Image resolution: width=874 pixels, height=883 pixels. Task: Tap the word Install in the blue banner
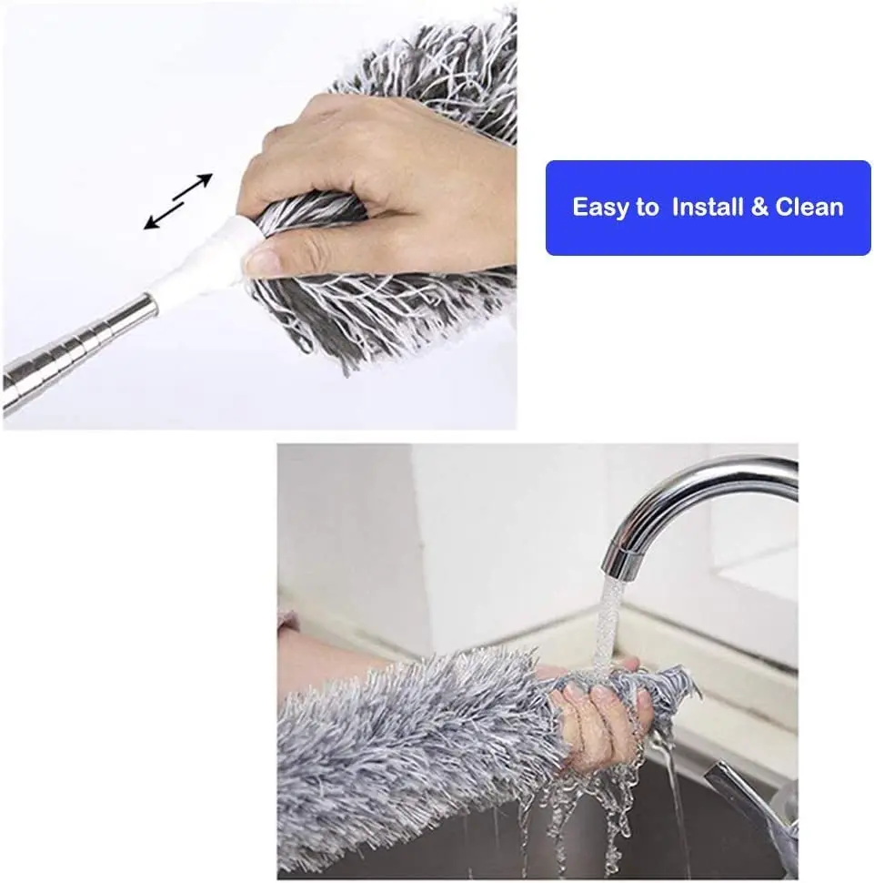708,208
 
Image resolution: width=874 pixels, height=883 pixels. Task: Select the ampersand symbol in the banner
759,208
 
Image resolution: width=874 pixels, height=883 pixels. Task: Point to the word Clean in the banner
809,208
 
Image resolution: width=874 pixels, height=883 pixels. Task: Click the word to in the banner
647,208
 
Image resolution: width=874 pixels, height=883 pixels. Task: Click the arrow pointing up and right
194,186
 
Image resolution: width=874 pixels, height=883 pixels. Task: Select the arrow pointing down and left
164,217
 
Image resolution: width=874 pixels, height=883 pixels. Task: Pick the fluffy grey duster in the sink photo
409,756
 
